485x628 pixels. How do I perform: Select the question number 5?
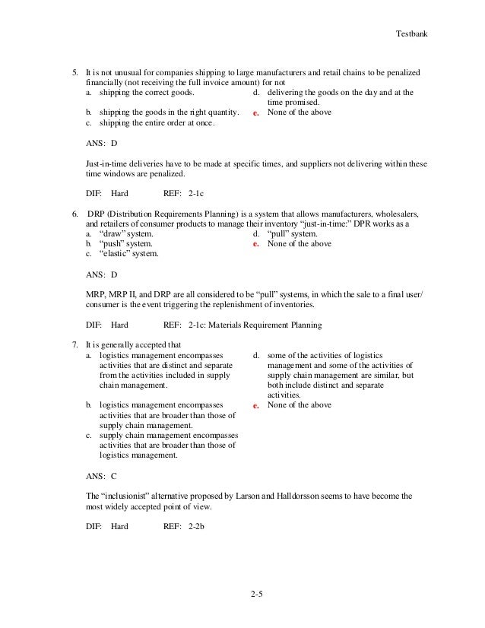coord(74,72)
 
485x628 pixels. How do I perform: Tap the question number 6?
coord(74,214)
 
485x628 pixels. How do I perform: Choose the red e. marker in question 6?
coord(256,245)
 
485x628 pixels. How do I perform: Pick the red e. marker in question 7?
coord(256,405)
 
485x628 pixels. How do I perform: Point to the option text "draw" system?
coord(126,234)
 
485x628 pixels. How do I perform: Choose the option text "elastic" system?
coord(130,254)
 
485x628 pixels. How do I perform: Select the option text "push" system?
coord(126,244)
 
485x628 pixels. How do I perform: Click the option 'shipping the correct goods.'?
coord(147,93)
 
